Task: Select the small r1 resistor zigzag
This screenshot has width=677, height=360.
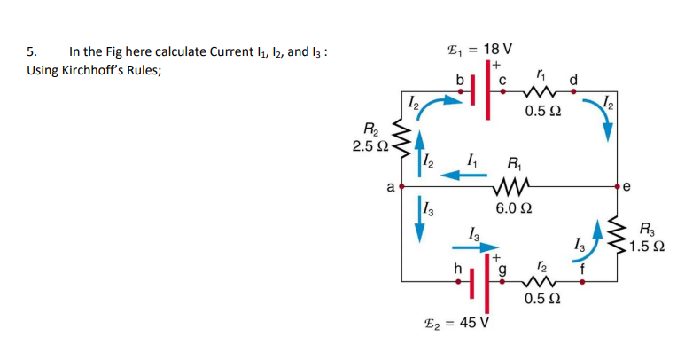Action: click(542, 91)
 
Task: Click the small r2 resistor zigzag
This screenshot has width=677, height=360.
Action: click(542, 280)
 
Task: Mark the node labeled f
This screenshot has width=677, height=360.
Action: click(581, 280)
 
